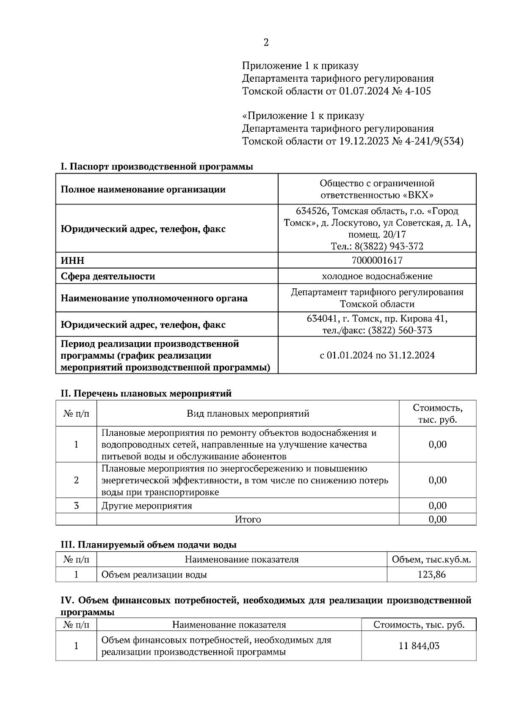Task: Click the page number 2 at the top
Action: pos(266,43)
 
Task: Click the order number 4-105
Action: pos(418,91)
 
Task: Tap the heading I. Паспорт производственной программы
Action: pos(157,167)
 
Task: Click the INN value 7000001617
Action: pos(377,260)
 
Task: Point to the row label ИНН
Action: pos(72,261)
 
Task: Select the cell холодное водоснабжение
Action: pos(377,277)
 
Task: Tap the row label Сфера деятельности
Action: pos(108,277)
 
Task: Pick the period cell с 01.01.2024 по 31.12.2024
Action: pos(377,355)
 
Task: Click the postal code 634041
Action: pos(321,318)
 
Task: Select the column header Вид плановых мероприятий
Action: pos(248,414)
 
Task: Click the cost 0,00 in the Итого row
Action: pos(437,519)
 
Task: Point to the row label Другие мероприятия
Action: pos(146,506)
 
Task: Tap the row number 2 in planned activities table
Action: pos(76,480)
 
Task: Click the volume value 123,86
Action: pos(431,575)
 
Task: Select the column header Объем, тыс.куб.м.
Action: pos(431,559)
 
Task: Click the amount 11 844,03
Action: pos(419,646)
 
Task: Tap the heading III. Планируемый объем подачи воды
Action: pos(148,545)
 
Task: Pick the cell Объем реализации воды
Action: pos(154,575)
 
